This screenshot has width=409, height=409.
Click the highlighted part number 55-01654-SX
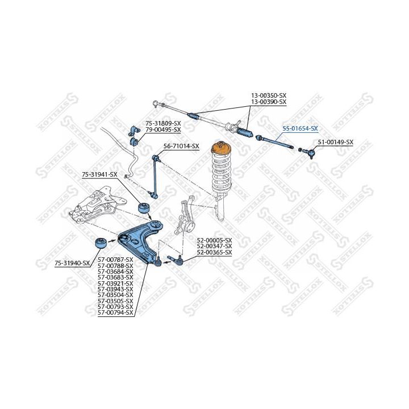(301, 128)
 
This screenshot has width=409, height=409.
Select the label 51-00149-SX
(336, 142)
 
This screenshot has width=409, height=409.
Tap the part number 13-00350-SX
(269, 95)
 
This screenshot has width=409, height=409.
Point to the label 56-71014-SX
(181, 146)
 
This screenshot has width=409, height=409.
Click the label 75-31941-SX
(99, 174)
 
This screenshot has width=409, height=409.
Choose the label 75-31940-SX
(72, 263)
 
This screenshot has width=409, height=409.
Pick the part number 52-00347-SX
(214, 246)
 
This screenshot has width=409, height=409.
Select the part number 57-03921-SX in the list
(115, 283)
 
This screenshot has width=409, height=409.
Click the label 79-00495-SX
(163, 130)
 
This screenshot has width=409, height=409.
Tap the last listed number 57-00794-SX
(115, 312)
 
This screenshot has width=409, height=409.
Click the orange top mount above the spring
(221, 147)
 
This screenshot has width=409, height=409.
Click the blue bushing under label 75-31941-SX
(144, 208)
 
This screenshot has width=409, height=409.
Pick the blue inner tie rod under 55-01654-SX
(274, 142)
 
